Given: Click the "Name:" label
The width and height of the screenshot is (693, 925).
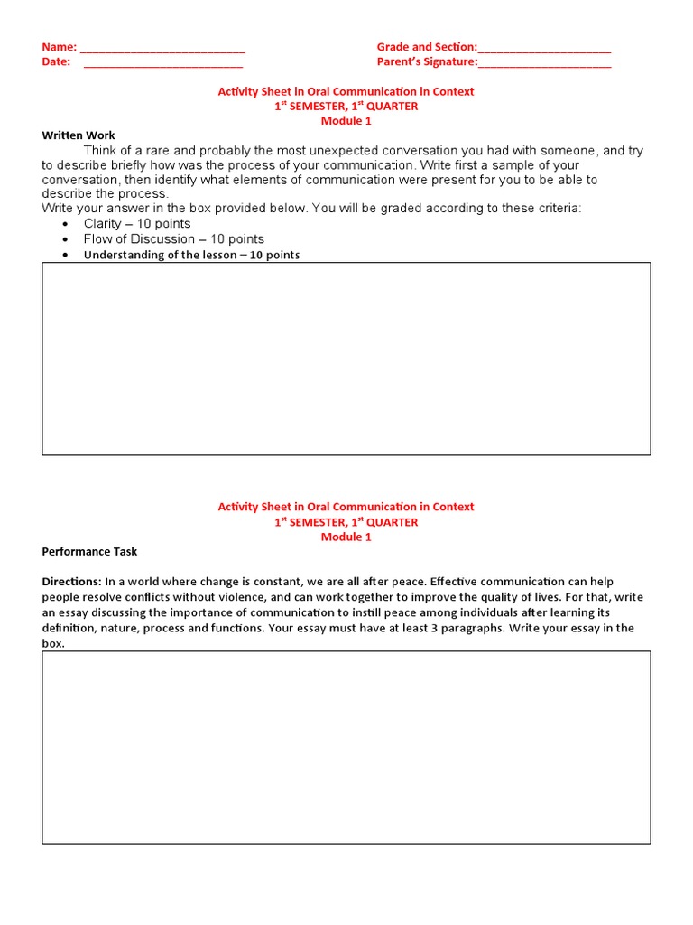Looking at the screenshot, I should pos(60,47).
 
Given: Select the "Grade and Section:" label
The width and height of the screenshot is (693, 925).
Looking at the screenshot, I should pos(427,47).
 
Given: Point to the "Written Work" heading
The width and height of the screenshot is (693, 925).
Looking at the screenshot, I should pos(79,135).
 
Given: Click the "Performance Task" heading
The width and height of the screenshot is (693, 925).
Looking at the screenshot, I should pos(89,551).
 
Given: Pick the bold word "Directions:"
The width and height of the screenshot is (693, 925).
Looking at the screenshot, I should pos(72,582).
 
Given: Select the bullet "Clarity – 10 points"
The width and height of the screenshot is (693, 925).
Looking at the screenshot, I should pos(137,224).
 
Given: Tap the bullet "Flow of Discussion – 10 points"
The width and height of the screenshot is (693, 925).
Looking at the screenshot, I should pos(174,239).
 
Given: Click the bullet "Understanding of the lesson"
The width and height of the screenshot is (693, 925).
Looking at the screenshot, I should pos(191,255).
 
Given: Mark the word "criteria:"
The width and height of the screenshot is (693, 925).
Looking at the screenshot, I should pos(556,209).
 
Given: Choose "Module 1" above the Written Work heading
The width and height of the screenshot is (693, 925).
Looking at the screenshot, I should pos(346,121).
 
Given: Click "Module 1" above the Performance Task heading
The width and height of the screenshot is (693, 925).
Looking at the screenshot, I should pos(346,537).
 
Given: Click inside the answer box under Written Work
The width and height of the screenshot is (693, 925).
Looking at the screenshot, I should pos(346,359).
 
